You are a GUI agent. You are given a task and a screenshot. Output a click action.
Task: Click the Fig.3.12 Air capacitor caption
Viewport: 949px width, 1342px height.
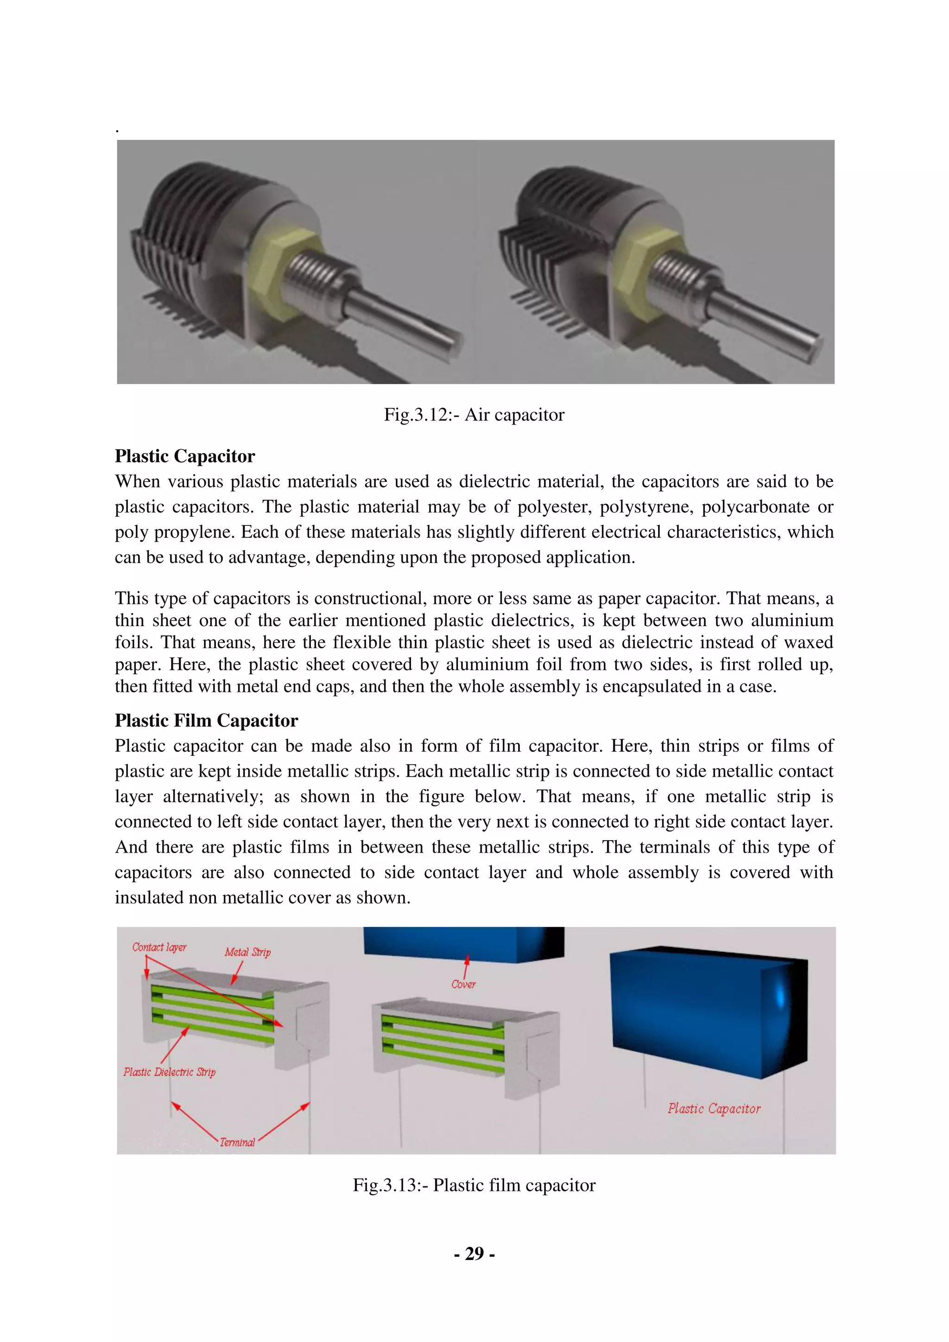[x=474, y=415]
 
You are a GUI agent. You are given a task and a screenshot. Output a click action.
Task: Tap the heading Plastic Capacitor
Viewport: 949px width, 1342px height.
[x=185, y=456]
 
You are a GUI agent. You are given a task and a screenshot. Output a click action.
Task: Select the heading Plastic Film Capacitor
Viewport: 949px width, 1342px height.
[x=206, y=720]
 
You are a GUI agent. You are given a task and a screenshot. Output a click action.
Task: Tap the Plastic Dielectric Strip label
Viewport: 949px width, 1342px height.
[x=170, y=1072]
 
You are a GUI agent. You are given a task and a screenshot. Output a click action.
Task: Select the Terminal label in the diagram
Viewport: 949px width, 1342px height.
[x=237, y=1142]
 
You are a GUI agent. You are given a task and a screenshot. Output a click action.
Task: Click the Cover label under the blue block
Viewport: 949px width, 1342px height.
[x=463, y=984]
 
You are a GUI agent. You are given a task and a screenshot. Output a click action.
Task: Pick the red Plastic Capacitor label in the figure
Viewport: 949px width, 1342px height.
[x=714, y=1109]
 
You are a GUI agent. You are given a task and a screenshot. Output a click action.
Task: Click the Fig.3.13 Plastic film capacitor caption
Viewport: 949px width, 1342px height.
[x=474, y=1185]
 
